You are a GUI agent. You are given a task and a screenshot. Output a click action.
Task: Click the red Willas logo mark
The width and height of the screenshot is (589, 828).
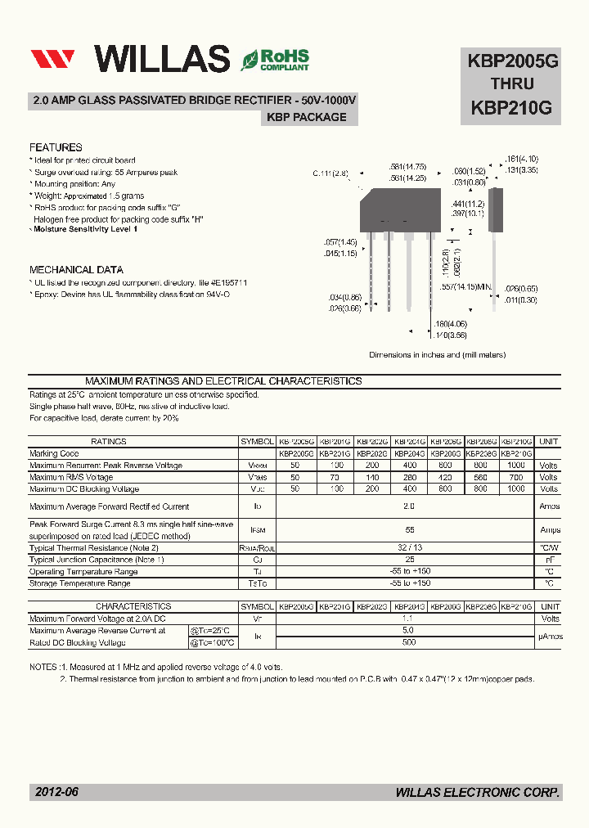coord(52,59)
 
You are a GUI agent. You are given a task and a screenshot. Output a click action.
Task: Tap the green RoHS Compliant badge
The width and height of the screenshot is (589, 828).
coord(275,60)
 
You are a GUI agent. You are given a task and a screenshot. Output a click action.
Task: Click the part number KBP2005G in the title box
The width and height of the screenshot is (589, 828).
coord(512,60)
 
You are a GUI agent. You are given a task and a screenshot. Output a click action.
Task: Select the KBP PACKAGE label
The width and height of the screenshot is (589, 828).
coord(307,117)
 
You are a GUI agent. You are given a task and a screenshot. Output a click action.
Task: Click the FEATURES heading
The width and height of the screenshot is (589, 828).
coord(56,147)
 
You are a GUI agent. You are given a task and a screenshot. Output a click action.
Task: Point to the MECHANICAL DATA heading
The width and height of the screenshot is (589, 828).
coord(76,269)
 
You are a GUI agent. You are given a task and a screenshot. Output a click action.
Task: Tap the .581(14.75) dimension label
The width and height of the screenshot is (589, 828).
coord(407,167)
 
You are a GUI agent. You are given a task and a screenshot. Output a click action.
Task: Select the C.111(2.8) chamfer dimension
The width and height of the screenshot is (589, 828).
coord(330,173)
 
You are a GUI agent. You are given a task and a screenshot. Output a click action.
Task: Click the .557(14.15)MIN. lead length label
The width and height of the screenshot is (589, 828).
coord(465,287)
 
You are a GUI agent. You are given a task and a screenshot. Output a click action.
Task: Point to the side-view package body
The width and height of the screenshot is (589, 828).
coord(493,205)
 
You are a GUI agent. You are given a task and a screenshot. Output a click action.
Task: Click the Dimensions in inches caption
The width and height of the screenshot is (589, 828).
coord(437,354)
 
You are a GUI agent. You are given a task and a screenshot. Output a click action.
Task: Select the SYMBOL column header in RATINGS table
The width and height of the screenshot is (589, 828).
coord(258,441)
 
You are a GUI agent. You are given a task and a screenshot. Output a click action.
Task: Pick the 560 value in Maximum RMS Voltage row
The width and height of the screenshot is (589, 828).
coord(480,477)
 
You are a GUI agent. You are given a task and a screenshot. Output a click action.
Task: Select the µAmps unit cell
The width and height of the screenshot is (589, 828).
coord(549,637)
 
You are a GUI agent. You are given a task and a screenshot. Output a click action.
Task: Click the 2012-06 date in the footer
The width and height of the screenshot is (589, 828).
coord(56,792)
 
